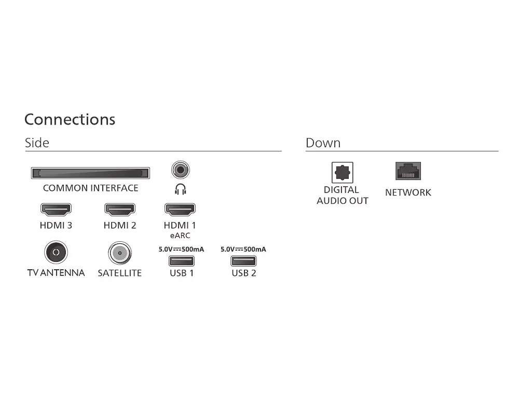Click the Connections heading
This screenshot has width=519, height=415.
pyautogui.click(x=70, y=119)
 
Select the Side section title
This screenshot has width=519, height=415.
pyautogui.click(x=37, y=143)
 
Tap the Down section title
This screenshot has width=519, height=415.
pyautogui.click(x=323, y=143)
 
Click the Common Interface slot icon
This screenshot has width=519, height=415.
pyautogui.click(x=90, y=173)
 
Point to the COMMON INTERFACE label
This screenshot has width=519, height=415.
pyautogui.click(x=90, y=188)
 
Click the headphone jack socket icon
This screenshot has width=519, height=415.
pyautogui.click(x=180, y=169)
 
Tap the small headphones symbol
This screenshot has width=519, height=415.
pyautogui.click(x=180, y=189)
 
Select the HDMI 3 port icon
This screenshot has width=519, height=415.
pyautogui.click(x=56, y=210)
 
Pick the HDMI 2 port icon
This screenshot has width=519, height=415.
pyautogui.click(x=120, y=210)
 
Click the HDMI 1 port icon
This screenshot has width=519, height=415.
pyautogui.click(x=180, y=210)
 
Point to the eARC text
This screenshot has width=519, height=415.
pyautogui.click(x=180, y=236)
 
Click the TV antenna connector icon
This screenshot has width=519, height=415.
pyautogui.click(x=56, y=253)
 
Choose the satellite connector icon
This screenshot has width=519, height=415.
pyautogui.click(x=120, y=253)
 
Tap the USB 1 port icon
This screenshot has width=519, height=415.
pyautogui.click(x=182, y=261)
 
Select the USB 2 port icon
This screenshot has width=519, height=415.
pyautogui.click(x=243, y=261)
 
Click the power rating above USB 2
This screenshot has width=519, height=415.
pyautogui.click(x=243, y=249)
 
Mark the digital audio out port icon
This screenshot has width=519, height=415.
pyautogui.click(x=343, y=173)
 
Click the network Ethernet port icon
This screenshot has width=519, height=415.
pyautogui.click(x=408, y=171)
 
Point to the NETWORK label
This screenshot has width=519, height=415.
pyautogui.click(x=408, y=192)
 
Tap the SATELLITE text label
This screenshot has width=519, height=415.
pyautogui.click(x=120, y=273)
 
